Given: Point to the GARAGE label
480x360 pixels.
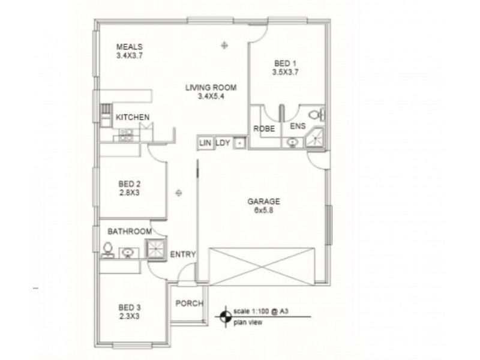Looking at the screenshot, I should pos(264,202).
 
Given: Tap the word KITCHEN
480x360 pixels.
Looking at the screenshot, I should pos(133,117).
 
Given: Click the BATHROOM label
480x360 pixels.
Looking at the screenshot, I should pos(129,231).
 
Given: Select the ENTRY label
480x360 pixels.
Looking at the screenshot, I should pos(183,255).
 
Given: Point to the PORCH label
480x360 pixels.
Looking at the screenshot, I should pos(189,303).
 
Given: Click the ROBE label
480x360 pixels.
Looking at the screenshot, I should pos(263,128).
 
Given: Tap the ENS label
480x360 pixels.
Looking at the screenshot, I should pos(298,127).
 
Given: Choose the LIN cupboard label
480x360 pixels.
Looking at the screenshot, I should pos(205,142).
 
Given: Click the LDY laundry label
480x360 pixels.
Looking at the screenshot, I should pos(223,142).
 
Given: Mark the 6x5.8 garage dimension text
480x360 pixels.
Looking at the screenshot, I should pos(264,211).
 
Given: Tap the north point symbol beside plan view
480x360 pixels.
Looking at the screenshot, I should pos(226,316).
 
